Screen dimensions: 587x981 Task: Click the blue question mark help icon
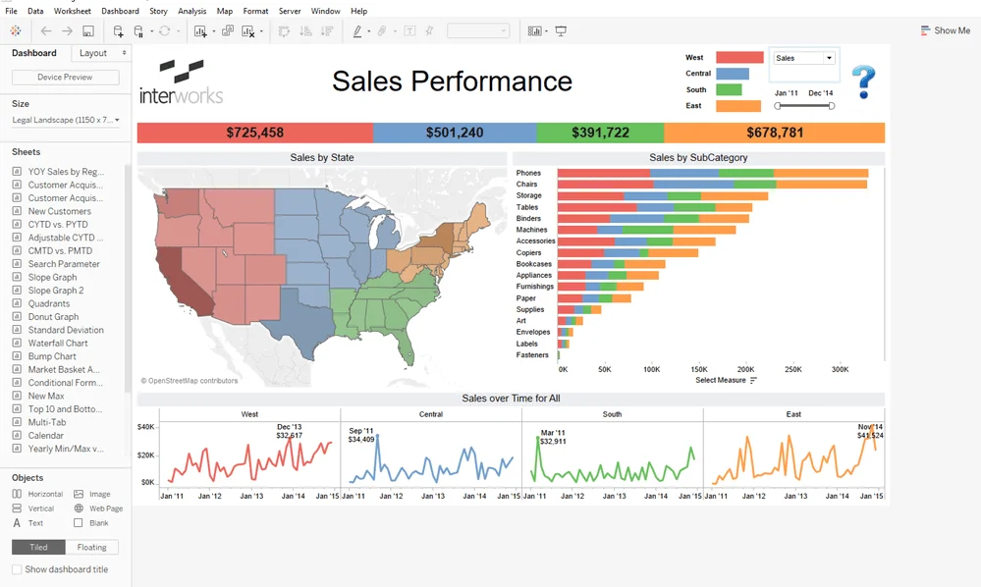tap(863, 81)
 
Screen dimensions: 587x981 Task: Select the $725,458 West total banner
tap(254, 133)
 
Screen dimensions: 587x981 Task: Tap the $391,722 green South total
tap(599, 133)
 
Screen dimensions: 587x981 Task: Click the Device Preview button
tap(65, 78)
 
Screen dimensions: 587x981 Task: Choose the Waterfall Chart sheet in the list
tap(58, 344)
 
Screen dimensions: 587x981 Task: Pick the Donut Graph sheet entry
tap(53, 317)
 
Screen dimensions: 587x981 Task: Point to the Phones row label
tap(528, 174)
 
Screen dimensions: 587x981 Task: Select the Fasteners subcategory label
tap(533, 354)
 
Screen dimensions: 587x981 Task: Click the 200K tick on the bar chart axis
tap(745, 370)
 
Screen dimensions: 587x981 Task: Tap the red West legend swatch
tap(739, 58)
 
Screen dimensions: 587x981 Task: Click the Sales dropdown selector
tap(803, 58)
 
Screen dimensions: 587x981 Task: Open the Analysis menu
tap(192, 11)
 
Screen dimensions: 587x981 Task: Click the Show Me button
tap(945, 30)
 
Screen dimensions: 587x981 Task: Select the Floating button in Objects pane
tap(92, 548)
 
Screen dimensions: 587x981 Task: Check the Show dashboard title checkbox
tap(17, 569)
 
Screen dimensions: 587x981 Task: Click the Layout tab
tap(93, 53)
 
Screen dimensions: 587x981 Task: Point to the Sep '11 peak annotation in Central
tap(361, 435)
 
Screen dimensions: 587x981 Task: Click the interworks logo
tap(181, 81)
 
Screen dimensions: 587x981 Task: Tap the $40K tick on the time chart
tap(146, 427)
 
